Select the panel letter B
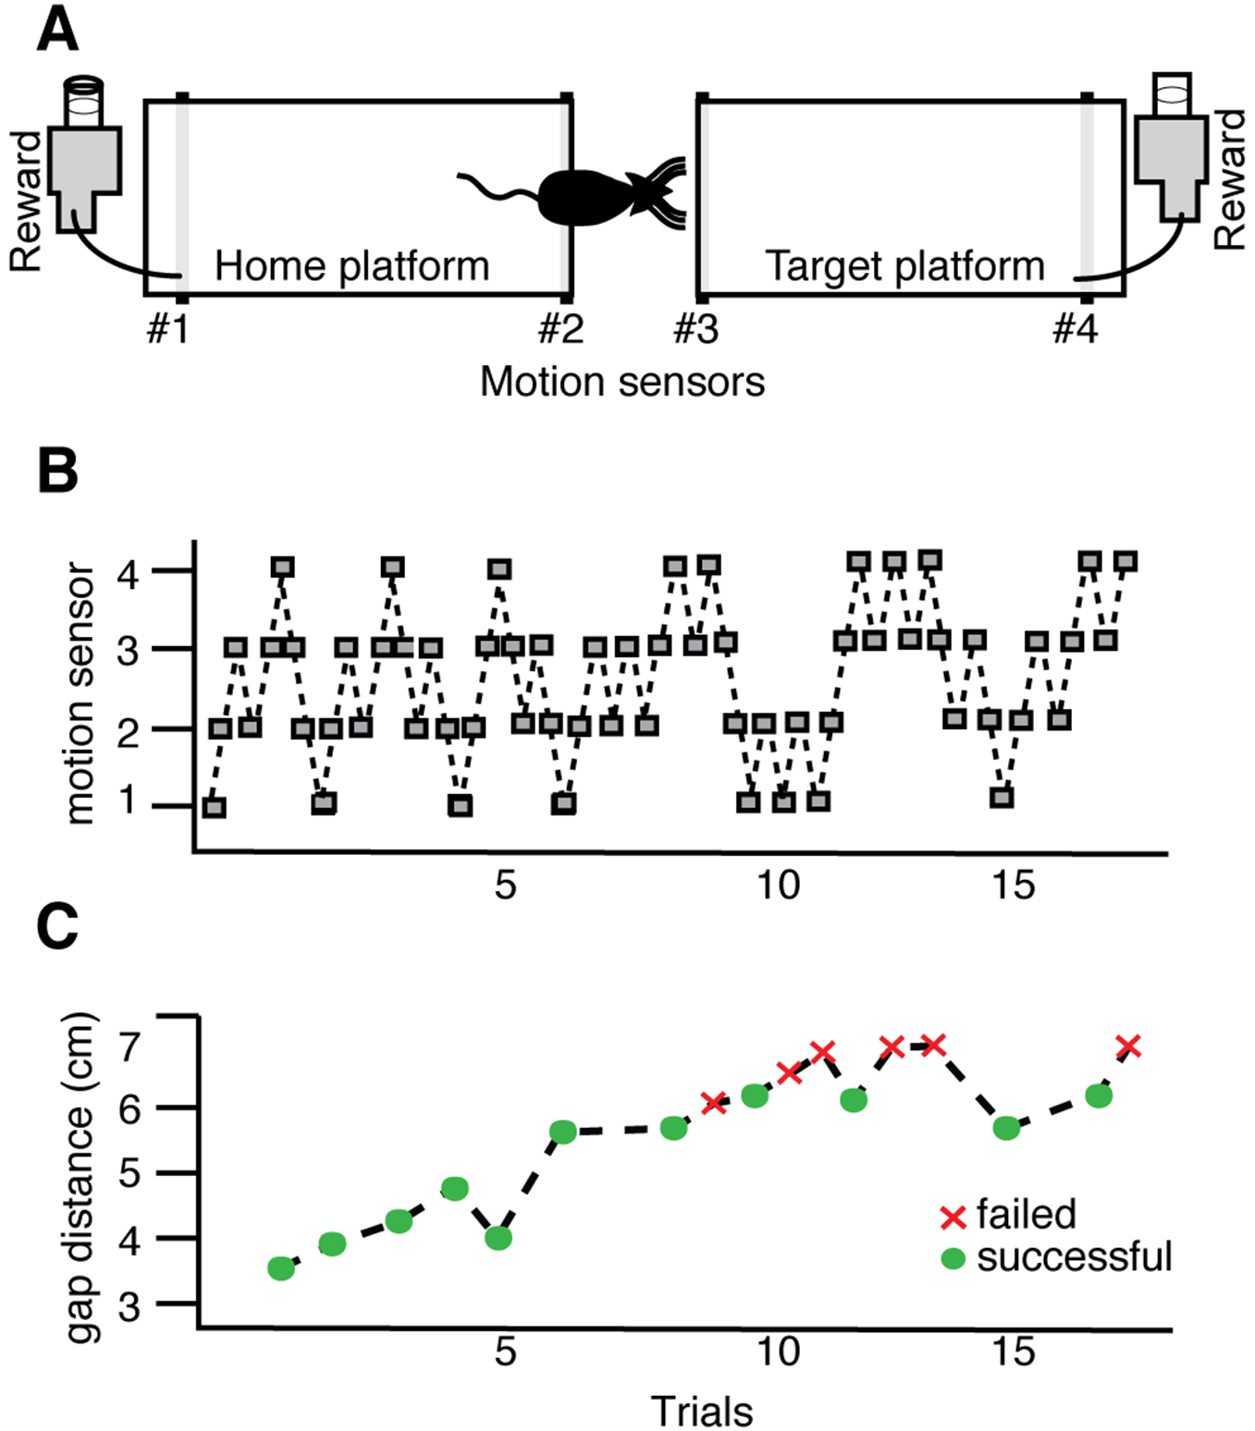tap(57, 471)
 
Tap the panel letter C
tap(58, 926)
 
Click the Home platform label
tap(352, 266)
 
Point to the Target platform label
tap(905, 266)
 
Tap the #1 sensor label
tap(168, 328)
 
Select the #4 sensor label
tap(1076, 328)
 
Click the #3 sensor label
tap(696, 328)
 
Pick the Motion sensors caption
tap(622, 382)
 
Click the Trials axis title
tap(702, 1407)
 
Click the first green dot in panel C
tap(281, 1268)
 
